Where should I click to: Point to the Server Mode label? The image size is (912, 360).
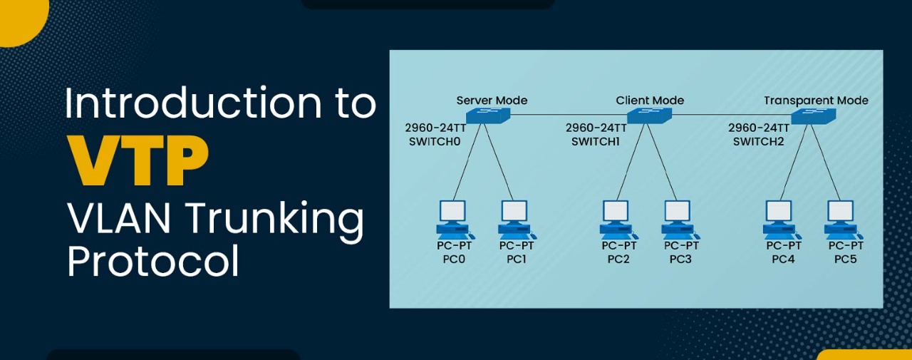[492, 101]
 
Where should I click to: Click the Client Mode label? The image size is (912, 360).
[650, 101]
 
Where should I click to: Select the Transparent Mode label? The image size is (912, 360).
[816, 101]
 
